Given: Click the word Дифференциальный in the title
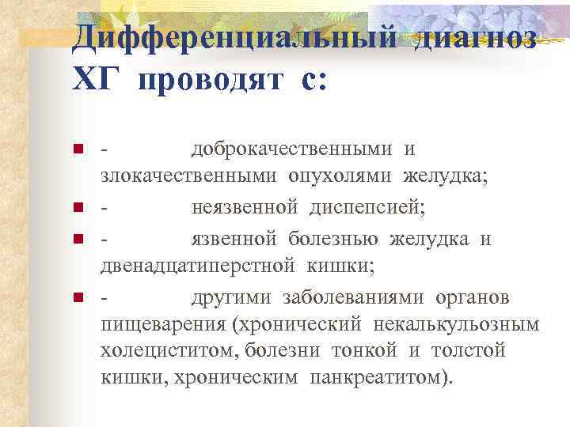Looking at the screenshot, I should coord(237,36).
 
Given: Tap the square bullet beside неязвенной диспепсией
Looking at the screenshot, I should coord(78,208).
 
